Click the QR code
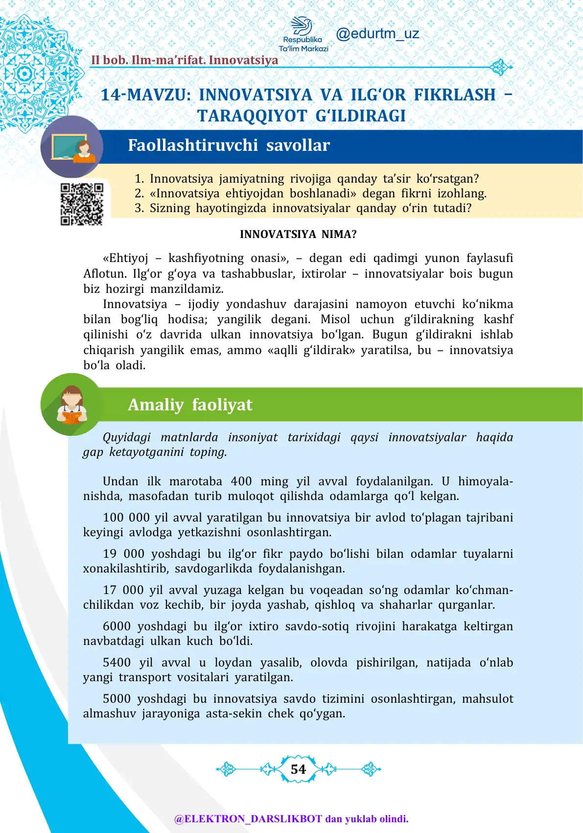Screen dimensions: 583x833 (82, 204)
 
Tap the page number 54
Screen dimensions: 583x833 (298, 769)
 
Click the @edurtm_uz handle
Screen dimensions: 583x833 (377, 34)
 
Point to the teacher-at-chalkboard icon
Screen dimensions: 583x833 (72, 147)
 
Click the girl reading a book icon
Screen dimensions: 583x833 (71, 405)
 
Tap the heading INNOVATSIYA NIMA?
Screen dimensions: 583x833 (298, 235)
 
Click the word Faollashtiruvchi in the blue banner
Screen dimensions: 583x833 (192, 145)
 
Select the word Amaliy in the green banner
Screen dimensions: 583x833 (156, 405)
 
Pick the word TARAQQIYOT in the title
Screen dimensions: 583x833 (253, 116)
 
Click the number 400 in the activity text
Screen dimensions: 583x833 (241, 481)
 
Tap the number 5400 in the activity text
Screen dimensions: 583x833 (117, 663)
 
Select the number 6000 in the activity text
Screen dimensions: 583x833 (117, 626)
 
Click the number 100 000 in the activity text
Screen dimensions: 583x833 (126, 518)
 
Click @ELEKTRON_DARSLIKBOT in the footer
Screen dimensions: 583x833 (248, 819)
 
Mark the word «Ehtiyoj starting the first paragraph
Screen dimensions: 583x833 (125, 258)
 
